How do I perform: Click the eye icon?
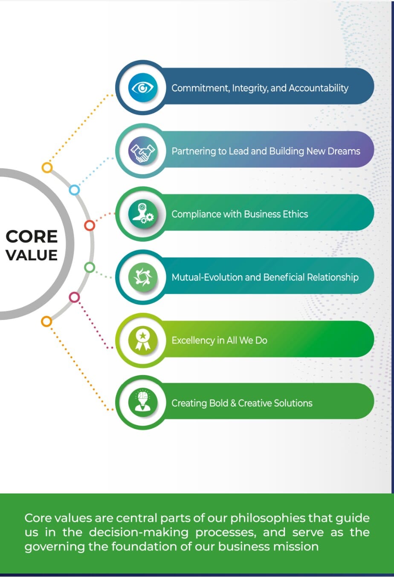click(x=142, y=88)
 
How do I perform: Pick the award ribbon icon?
click(x=143, y=340)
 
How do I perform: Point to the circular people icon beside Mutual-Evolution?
click(x=143, y=277)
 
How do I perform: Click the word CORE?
click(x=32, y=237)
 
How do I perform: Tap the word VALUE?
click(x=32, y=255)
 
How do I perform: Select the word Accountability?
click(x=319, y=88)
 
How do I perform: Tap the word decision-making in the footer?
click(x=139, y=533)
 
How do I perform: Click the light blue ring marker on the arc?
click(x=75, y=190)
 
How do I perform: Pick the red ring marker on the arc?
click(x=90, y=225)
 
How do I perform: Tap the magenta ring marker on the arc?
click(x=74, y=297)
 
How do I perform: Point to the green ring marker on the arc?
click(x=90, y=267)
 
